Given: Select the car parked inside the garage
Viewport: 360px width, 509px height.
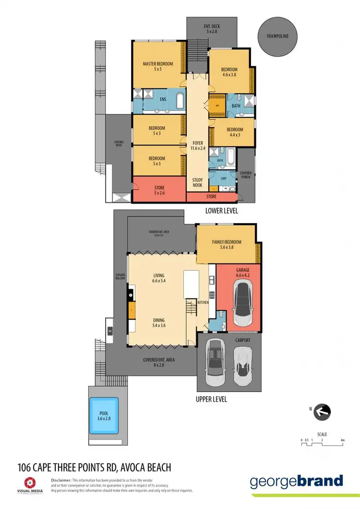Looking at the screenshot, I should click(x=243, y=303).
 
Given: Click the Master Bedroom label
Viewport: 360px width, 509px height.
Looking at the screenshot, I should click(x=158, y=66).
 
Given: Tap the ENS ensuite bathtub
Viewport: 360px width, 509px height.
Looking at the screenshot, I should click(x=179, y=101).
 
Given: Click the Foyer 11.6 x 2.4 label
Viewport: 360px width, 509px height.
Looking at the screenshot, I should click(x=198, y=146).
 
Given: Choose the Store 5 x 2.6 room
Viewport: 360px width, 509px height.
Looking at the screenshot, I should click(x=159, y=190).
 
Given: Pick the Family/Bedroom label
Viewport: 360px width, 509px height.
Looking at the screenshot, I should click(x=227, y=245).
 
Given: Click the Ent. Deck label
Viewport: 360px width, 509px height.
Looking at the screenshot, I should click(x=212, y=28).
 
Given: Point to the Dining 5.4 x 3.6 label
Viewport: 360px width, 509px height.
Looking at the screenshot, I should click(x=159, y=323).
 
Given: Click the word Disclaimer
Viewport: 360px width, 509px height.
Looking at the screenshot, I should click(x=61, y=480).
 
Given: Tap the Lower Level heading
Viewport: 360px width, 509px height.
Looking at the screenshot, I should click(x=221, y=211).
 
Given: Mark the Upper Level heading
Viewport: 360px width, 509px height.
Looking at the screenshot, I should click(x=211, y=399).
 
